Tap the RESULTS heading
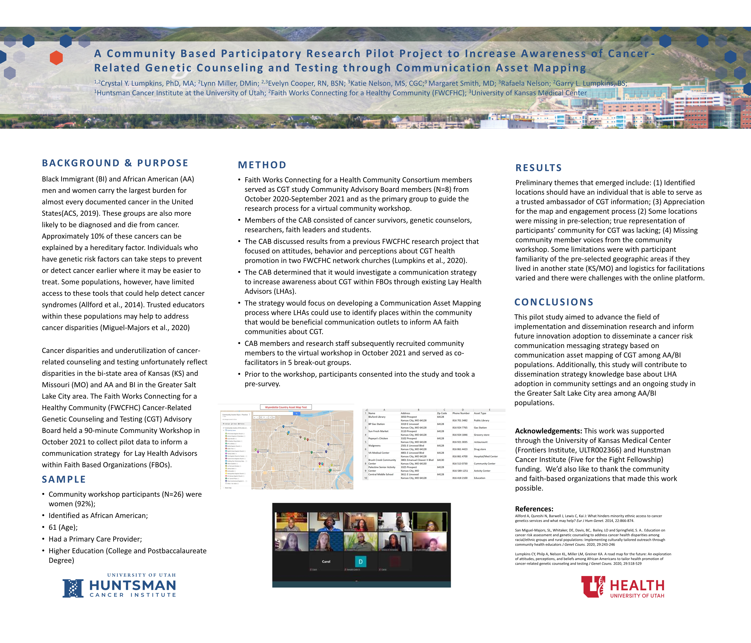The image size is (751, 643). pyautogui.click(x=539, y=168)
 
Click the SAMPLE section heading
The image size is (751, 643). pyautogui.click(x=64, y=479)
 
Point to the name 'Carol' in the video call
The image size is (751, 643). pyautogui.click(x=326, y=562)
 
